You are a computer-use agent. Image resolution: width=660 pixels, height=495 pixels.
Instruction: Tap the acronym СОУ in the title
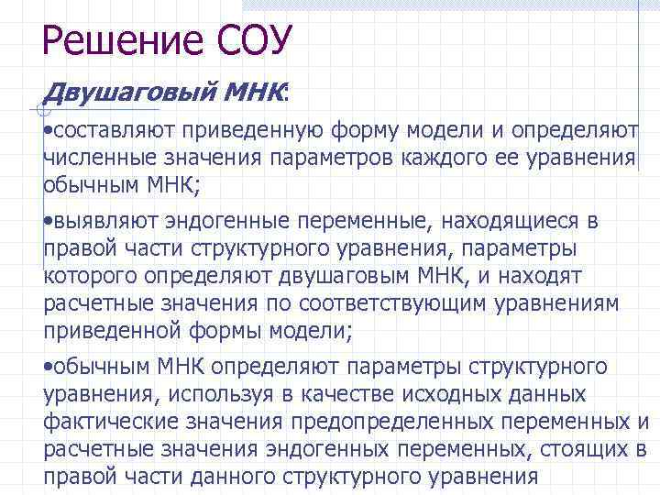tap(254, 40)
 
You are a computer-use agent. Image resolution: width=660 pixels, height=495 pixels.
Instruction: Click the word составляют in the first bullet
tap(113, 131)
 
